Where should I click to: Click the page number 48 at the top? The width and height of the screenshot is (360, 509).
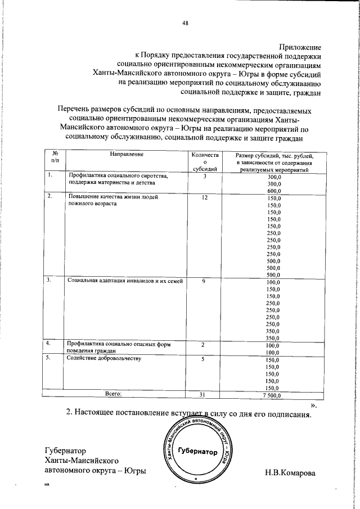185,23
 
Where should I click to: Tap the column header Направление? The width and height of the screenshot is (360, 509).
127,154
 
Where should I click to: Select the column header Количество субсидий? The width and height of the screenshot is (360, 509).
204,161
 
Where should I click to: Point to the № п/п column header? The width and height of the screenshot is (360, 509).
55,157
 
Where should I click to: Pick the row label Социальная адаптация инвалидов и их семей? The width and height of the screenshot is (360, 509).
125,280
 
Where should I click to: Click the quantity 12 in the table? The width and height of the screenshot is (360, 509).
204,198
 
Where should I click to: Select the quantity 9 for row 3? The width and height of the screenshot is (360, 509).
204,280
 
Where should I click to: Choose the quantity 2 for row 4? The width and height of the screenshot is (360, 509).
204,343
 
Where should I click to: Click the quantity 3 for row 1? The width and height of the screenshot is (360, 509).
204,177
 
